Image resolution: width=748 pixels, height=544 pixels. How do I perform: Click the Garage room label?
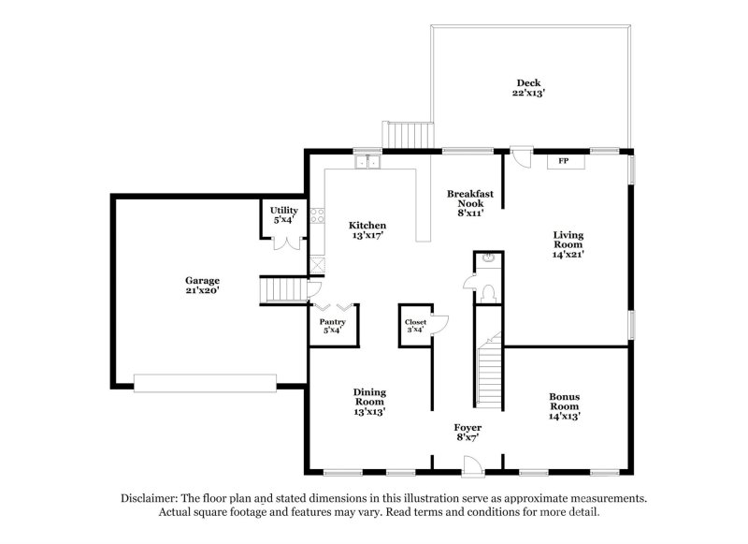tap(201, 286)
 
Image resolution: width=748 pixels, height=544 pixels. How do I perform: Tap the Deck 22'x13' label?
tap(528, 88)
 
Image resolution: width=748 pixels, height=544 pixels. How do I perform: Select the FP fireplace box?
tap(564, 162)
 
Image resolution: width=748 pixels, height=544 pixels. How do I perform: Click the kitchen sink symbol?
tap(367, 163)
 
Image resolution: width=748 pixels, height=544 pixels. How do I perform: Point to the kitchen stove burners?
tap(317, 219)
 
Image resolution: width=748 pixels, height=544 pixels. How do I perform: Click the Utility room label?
tap(283, 215)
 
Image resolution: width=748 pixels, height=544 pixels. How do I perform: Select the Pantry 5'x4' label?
tap(332, 327)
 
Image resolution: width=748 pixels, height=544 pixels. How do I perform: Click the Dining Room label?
tap(369, 401)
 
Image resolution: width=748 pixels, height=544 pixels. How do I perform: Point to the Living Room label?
tap(568, 245)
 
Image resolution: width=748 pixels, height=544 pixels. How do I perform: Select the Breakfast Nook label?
tap(467, 203)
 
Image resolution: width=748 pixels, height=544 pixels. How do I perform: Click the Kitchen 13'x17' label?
tap(367, 230)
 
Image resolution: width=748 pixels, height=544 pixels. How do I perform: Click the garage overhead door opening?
tap(205, 382)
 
